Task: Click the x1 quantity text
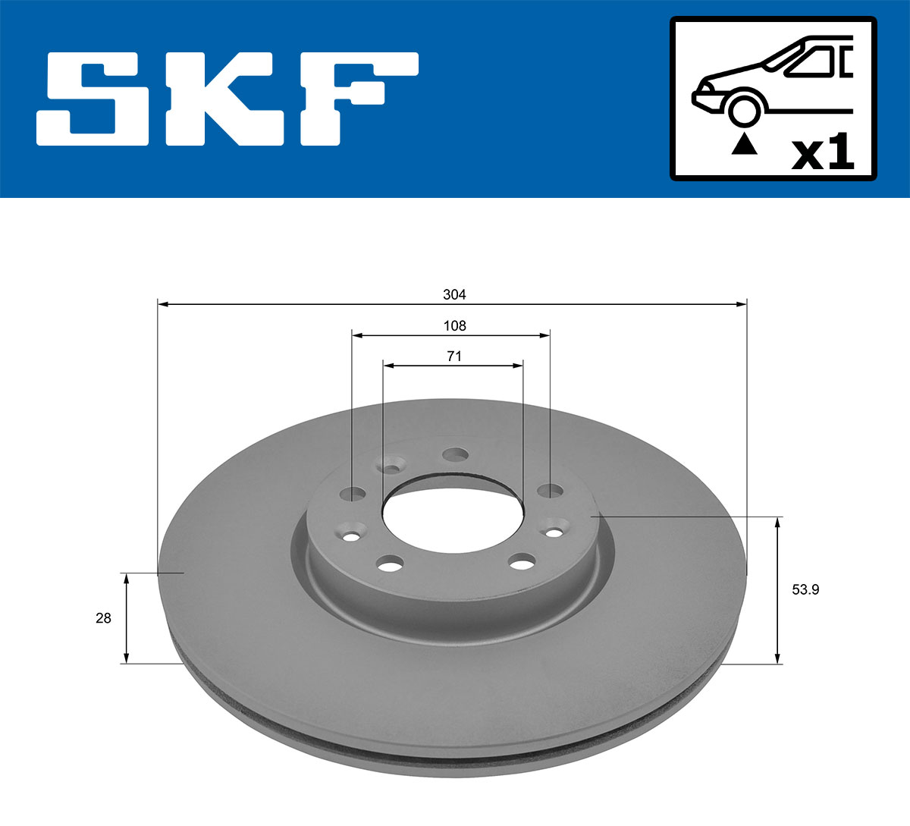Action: (x=822, y=154)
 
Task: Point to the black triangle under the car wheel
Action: (x=744, y=143)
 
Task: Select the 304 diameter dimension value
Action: (x=454, y=294)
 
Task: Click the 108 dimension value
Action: (x=454, y=325)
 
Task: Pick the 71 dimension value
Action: (x=454, y=356)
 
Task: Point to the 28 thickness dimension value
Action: (x=103, y=618)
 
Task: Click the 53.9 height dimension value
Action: (x=805, y=589)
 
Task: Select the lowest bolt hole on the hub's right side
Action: (x=521, y=562)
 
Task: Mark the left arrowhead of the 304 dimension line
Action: (x=162, y=304)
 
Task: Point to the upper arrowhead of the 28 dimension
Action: (x=127, y=579)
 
